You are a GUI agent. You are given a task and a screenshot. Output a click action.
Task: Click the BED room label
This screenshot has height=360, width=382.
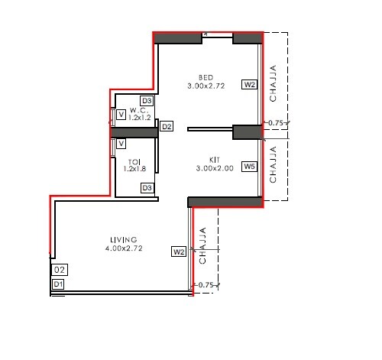click(206, 77)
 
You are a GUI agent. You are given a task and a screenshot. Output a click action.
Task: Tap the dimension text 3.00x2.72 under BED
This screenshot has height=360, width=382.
click(206, 86)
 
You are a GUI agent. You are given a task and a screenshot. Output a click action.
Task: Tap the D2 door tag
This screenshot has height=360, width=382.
click(167, 126)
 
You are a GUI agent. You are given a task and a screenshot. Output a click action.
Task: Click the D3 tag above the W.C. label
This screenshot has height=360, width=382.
click(147, 101)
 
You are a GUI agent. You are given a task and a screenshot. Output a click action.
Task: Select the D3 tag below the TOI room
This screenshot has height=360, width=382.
click(147, 188)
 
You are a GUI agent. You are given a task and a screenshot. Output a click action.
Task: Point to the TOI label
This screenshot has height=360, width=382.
click(134, 161)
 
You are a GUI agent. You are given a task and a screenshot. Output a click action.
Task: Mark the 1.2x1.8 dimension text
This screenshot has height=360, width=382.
click(134, 169)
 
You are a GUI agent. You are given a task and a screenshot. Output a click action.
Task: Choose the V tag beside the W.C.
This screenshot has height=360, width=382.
click(121, 115)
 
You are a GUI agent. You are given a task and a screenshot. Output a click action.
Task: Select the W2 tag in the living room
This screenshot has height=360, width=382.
click(179, 251)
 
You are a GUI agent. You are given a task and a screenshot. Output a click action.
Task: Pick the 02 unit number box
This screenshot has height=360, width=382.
click(59, 270)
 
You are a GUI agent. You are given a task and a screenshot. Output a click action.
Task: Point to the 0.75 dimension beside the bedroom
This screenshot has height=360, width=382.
click(276, 122)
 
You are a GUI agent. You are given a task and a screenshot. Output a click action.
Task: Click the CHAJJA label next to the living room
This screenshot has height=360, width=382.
click(202, 246)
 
